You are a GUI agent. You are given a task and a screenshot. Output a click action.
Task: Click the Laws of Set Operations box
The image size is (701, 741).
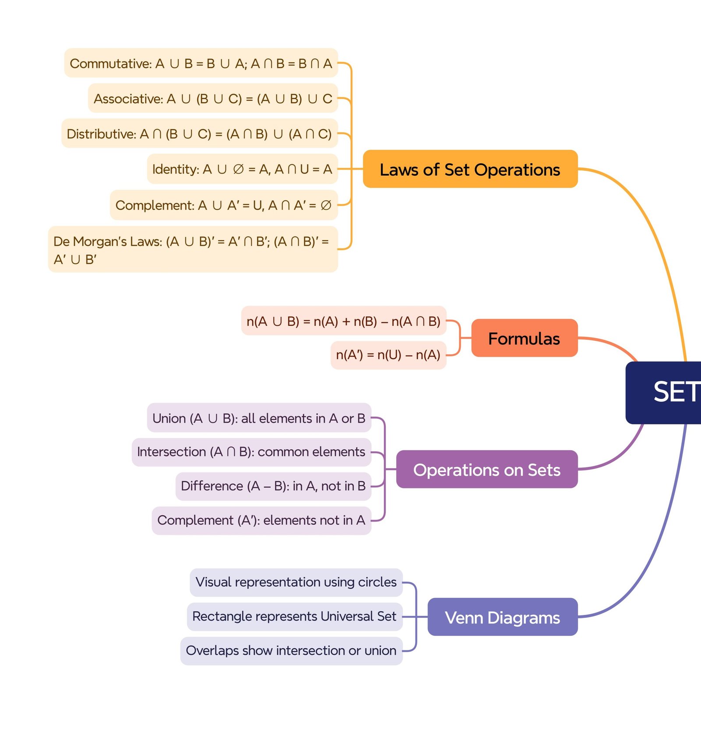[470, 169]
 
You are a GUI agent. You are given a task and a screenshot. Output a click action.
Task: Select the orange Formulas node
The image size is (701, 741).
[524, 338]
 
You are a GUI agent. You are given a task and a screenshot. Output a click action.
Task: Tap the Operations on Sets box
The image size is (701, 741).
[486, 469]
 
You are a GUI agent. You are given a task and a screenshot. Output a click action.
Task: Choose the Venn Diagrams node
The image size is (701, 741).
[502, 617]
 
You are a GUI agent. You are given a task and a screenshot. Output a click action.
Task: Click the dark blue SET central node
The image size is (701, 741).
[670, 392]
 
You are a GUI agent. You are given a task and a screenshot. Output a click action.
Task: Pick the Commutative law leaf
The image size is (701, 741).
[201, 63]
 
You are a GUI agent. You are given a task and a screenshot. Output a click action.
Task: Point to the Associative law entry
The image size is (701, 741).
[213, 99]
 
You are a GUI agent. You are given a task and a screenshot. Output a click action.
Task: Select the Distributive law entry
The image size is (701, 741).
[199, 134]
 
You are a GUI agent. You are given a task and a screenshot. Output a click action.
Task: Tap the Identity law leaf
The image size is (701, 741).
[242, 169]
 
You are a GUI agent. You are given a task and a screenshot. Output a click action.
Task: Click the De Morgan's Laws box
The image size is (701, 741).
[193, 250]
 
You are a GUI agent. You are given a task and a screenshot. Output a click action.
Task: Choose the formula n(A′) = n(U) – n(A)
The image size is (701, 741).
[388, 355]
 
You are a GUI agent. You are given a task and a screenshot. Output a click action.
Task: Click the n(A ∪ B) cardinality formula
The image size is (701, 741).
[343, 321]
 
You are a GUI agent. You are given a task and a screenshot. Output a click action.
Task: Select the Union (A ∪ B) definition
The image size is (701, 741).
[258, 418]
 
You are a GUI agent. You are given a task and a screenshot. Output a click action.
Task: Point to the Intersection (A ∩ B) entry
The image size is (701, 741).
[251, 452]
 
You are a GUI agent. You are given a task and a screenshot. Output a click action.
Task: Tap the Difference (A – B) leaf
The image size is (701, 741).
[273, 486]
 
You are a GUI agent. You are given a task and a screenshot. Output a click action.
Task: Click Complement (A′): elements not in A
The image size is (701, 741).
[261, 520]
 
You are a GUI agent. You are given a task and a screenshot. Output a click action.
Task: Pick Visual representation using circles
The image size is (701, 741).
[296, 582]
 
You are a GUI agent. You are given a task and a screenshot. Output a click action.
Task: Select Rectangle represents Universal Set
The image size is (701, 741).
[294, 616]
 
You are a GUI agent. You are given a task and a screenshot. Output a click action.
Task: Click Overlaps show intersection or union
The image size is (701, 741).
[291, 650]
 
